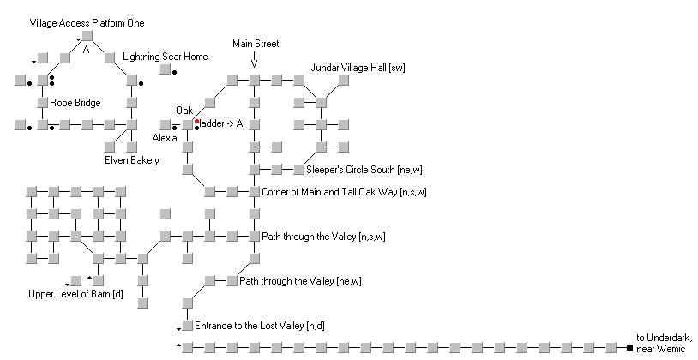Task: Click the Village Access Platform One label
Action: [87, 23]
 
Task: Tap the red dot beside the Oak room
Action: [196, 122]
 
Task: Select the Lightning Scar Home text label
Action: [165, 57]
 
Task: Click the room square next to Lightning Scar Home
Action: [165, 69]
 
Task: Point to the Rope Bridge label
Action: [75, 103]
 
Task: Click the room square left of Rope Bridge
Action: [42, 102]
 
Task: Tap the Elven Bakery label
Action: [132, 160]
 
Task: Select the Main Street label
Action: [256, 44]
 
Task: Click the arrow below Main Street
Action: [254, 60]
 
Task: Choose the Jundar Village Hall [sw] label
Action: [358, 68]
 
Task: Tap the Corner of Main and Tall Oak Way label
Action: [344, 192]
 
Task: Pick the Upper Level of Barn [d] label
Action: [75, 294]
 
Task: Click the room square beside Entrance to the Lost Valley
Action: [188, 325]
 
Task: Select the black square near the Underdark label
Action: [629, 347]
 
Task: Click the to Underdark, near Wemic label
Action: [665, 343]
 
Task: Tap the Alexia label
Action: [165, 138]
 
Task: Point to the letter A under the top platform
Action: [87, 50]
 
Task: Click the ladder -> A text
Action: [221, 123]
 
